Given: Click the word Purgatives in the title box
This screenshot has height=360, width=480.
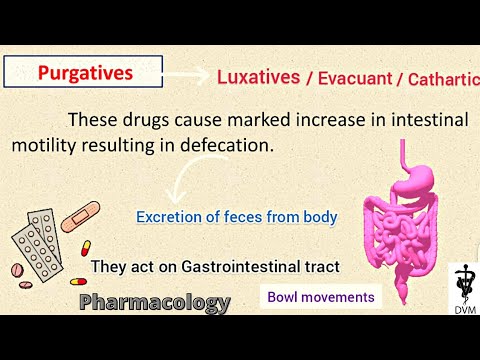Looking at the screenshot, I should [84, 73].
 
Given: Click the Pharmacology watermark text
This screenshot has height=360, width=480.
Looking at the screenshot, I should [155, 301].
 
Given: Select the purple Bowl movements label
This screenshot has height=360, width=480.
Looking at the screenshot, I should [320, 297].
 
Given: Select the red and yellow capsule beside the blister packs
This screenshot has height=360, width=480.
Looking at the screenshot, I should [84, 248].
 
